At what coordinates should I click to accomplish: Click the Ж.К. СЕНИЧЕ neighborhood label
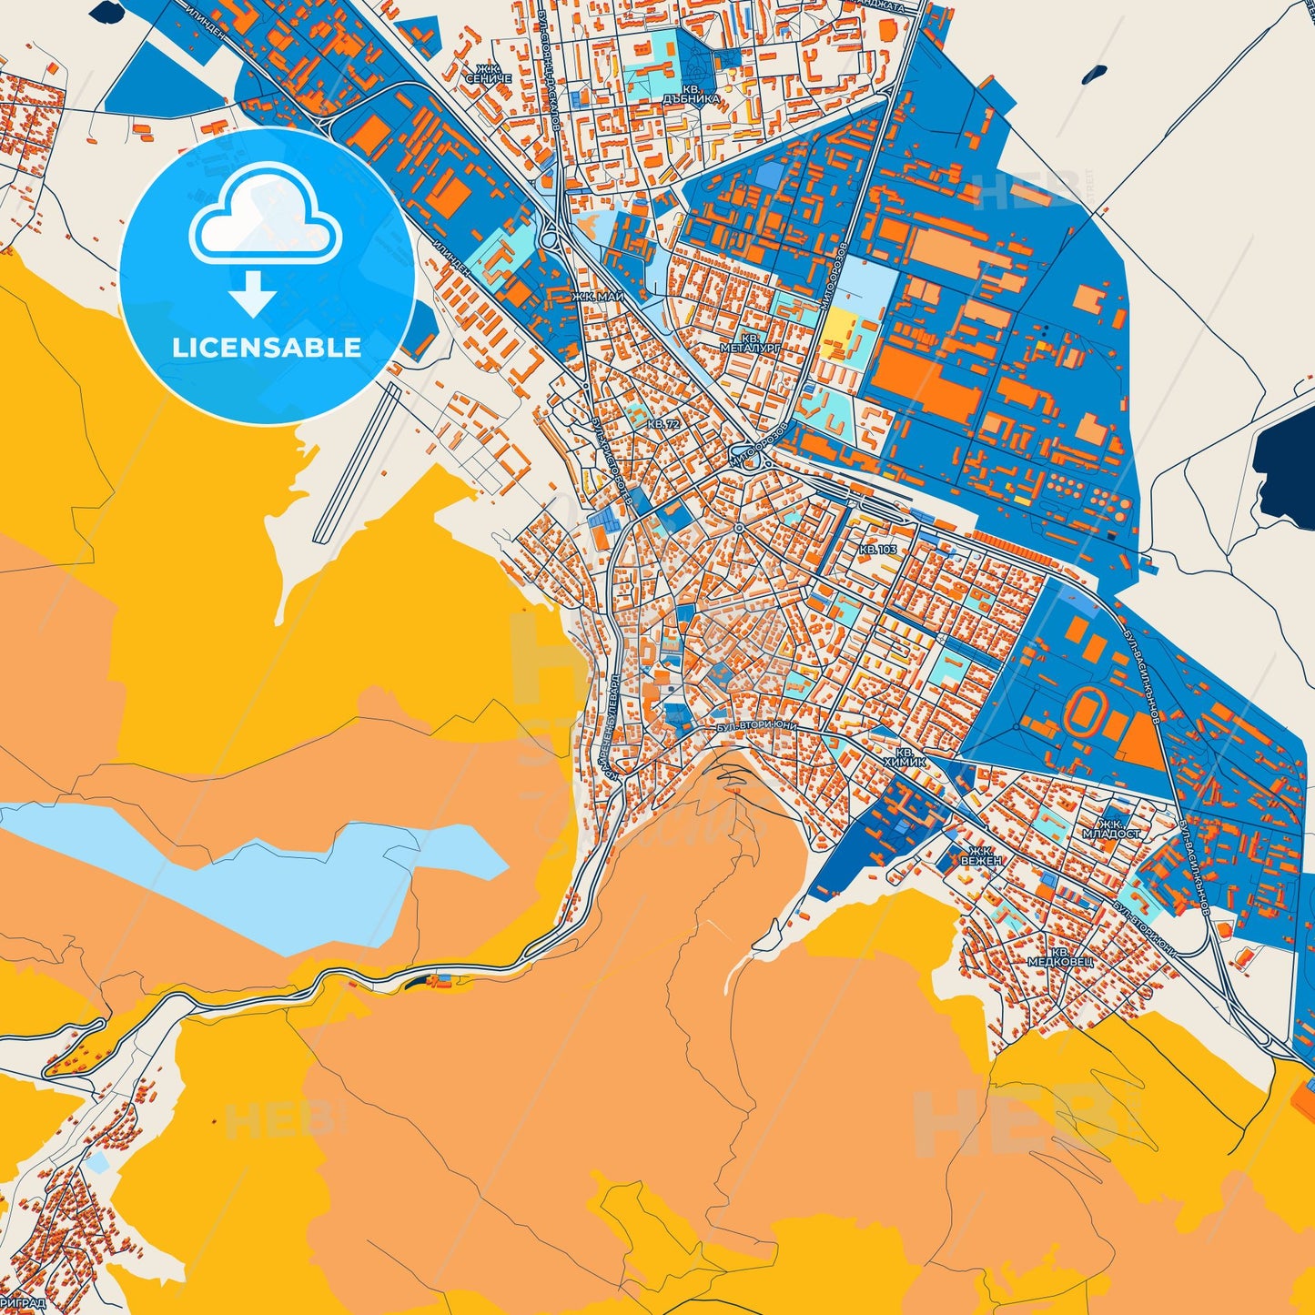point(489,74)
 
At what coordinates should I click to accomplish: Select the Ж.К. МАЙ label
point(598,297)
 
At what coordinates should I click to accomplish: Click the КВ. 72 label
point(663,425)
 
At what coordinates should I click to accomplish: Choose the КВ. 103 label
point(878,550)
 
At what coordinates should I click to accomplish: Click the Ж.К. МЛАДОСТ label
point(1110,828)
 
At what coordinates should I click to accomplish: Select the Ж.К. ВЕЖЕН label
point(980,855)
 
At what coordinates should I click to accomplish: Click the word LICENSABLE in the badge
point(268,348)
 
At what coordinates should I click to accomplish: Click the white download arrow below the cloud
point(252,294)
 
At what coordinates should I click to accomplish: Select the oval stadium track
point(1088,713)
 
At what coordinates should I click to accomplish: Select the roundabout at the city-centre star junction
point(740,528)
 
